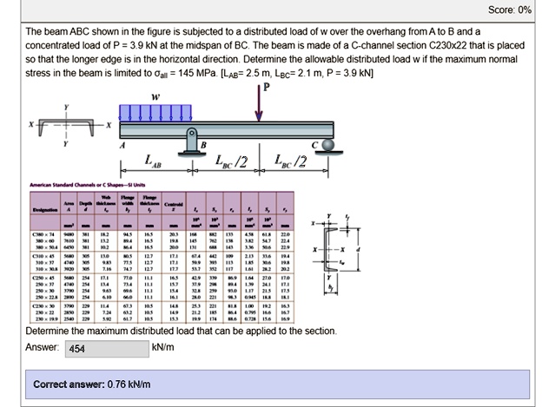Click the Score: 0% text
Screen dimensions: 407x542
[x=509, y=10]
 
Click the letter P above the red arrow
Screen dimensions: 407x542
[x=267, y=88]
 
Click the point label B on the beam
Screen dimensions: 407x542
[x=203, y=143]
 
